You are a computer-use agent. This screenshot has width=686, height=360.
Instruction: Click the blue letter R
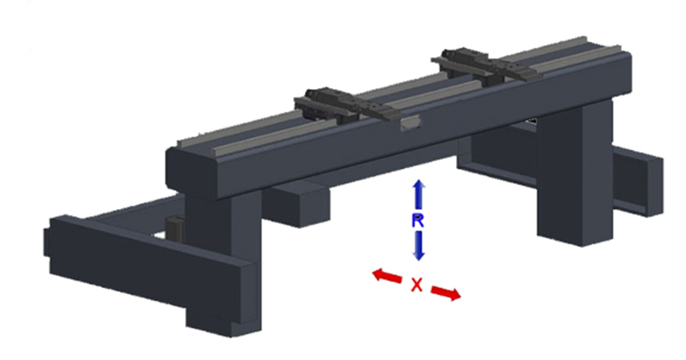tap(418, 220)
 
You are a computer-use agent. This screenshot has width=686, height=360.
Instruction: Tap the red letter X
tap(417, 285)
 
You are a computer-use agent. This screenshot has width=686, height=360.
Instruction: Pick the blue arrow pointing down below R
tap(418, 246)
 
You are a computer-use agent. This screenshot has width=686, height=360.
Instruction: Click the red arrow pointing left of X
tap(387, 277)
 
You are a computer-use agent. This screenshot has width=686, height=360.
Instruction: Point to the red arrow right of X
tap(446, 293)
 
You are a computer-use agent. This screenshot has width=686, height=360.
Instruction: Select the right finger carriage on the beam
tap(485, 66)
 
